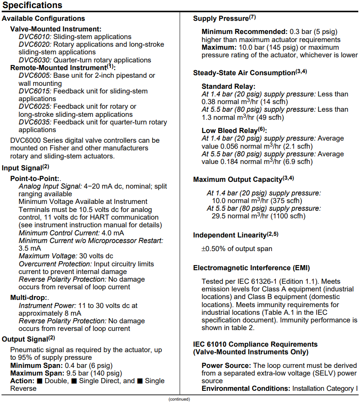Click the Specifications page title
(x=32, y=5)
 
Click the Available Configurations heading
(x=43, y=19)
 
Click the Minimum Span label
(x=37, y=365)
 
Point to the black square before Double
(x=39, y=381)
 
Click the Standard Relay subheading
(x=228, y=86)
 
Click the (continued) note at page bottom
(x=179, y=399)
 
